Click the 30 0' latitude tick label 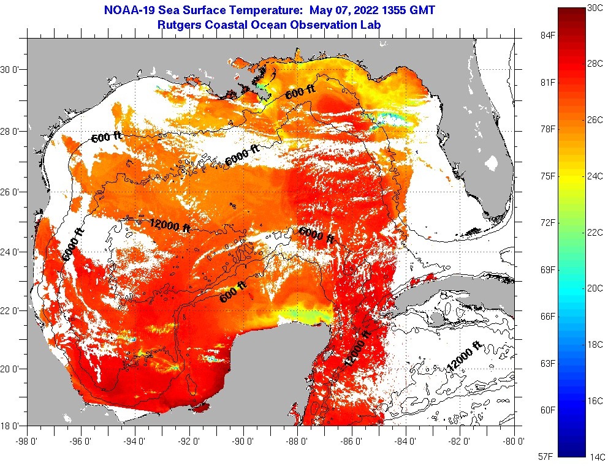[12, 70]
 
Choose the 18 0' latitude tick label [12, 426]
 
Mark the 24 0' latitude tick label [12, 252]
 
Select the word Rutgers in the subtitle [178, 25]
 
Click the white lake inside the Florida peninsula [492, 163]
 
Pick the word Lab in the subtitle [371, 25]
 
